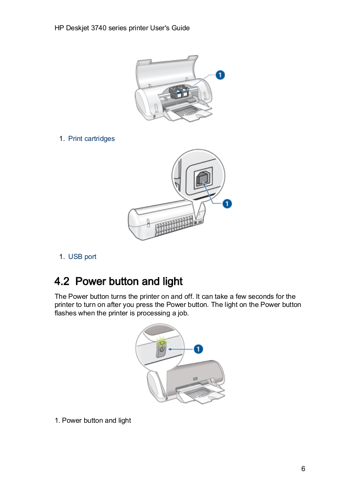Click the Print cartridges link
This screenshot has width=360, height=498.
(91, 139)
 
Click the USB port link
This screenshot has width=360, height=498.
(82, 257)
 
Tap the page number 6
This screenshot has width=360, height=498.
(303, 469)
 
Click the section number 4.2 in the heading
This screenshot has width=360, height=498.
(62, 281)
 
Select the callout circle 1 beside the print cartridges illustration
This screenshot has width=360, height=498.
(220, 75)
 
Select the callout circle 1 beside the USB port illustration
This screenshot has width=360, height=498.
(227, 204)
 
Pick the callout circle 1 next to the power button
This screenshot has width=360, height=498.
(198, 349)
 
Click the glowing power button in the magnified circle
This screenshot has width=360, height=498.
(162, 349)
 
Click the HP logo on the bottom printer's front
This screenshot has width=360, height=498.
(195, 378)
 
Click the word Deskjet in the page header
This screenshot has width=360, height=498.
(77, 28)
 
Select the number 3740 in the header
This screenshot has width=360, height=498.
(98, 28)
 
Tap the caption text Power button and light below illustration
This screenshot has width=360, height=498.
(96, 421)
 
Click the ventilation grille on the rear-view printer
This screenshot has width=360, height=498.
(173, 225)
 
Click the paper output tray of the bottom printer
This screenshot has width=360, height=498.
(201, 395)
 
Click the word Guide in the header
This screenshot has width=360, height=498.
(180, 28)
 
